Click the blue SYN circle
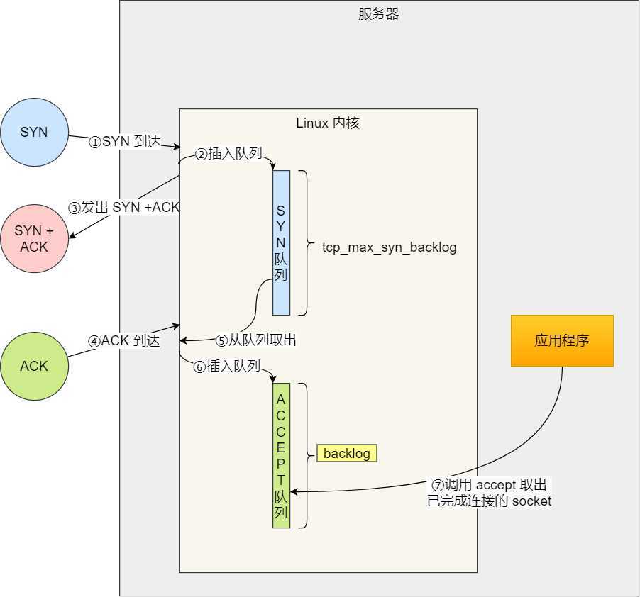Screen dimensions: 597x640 coord(34,133)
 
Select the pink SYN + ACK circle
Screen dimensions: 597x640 coord(34,238)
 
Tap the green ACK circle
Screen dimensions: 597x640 coord(34,366)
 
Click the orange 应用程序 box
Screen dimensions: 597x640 coord(562,341)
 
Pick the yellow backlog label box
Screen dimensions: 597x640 coord(347,454)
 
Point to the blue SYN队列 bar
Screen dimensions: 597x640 coord(281,242)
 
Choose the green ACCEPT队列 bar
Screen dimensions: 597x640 coord(281,455)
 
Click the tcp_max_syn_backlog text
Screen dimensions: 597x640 coord(389,247)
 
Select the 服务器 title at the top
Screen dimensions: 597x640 coord(379,14)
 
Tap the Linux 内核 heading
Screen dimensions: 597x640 coord(328,123)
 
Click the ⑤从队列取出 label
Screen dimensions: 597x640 coord(256,341)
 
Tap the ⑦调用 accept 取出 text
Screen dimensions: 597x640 coord(490,486)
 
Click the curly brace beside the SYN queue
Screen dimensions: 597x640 coord(304,242)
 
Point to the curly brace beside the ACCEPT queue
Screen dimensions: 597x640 coord(304,455)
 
